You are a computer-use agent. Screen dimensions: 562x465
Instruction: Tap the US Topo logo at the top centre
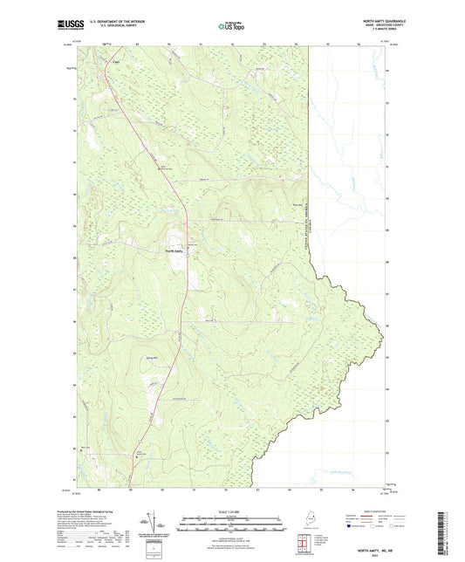coord(231,27)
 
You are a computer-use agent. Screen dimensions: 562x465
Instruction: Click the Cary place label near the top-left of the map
coord(114,61)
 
